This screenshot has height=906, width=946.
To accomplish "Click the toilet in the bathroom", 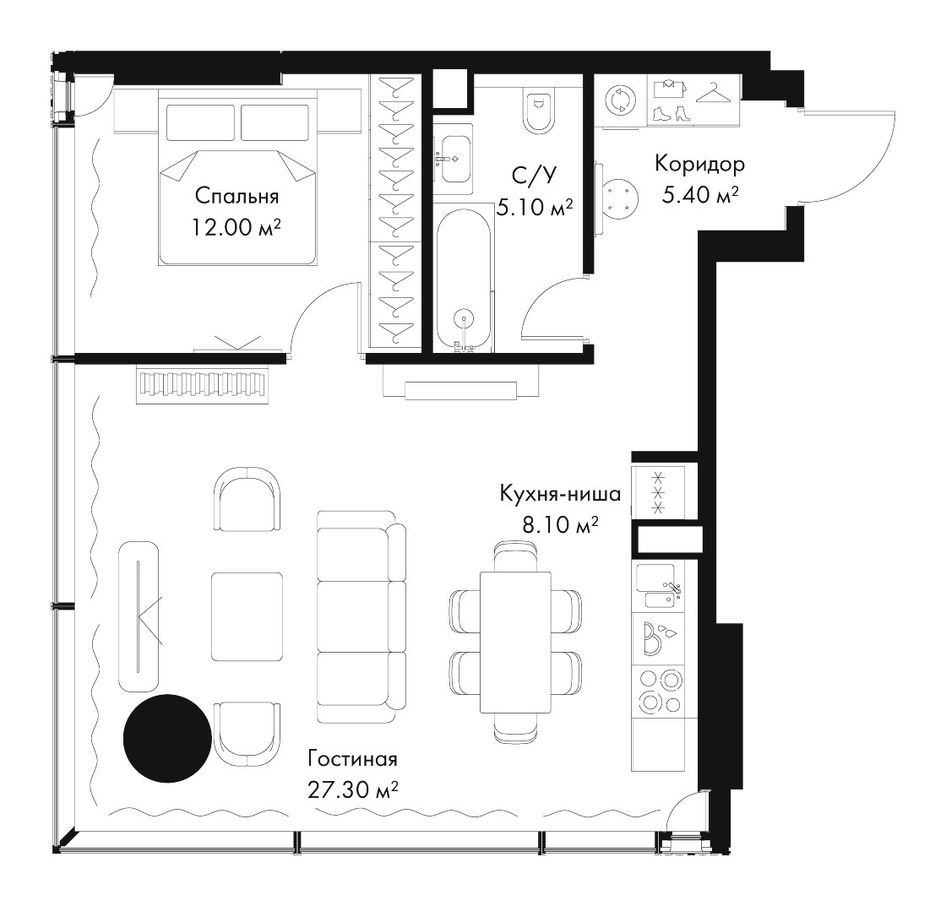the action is pos(538,111).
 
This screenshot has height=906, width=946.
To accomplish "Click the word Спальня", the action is pos(237,196).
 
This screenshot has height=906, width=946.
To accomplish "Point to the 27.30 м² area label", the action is pos(352,789).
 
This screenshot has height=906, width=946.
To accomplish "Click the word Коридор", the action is pos(700,164).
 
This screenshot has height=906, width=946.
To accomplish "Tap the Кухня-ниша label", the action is pos(561,494).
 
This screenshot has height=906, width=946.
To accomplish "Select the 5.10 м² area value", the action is pos(535,209).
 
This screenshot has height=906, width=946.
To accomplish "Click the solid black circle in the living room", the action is pos(168,738).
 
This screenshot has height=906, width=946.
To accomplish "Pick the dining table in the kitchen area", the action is pos(515,642).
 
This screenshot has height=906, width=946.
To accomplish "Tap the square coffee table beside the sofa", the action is pos(247,616).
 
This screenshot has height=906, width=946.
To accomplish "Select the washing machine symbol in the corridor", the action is pos(621,100).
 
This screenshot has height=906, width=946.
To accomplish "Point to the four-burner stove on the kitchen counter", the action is pos(659,692).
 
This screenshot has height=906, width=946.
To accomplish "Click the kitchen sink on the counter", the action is pos(659,586).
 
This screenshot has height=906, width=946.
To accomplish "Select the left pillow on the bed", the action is pos(199,122).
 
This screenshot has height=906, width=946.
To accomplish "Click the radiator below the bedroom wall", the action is pos(203,385).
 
